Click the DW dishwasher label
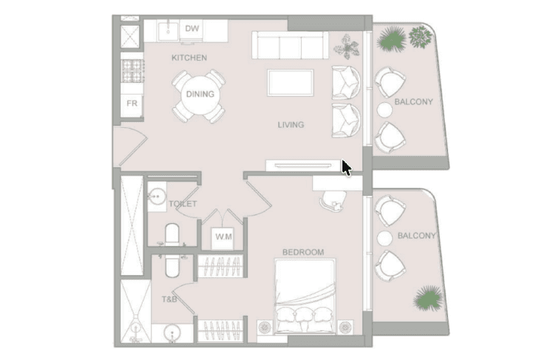tap(192, 28)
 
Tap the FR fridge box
tap(132, 105)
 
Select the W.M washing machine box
tap(223, 238)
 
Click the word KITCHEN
tap(189, 58)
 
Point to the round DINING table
tap(200, 95)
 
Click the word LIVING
tap(291, 125)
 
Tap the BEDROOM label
tap(303, 252)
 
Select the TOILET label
tap(183, 204)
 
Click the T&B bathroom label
tap(169, 299)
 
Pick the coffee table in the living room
tap(291, 83)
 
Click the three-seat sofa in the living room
tap(291, 45)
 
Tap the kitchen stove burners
tap(132, 70)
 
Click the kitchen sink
tap(169, 30)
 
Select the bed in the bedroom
tap(305, 296)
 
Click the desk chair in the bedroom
tap(333, 201)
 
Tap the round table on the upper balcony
tap(385, 110)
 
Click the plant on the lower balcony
tap(428, 298)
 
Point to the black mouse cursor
tap(346, 168)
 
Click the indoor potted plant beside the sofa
tap(346, 47)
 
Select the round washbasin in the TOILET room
tap(157, 197)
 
